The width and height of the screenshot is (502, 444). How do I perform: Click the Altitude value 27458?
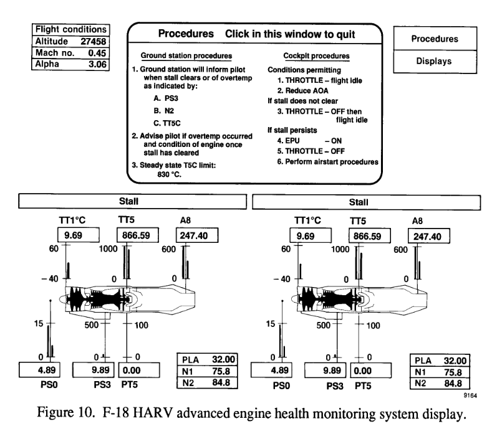click(x=93, y=42)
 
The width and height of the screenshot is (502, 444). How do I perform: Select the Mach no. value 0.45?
click(x=97, y=53)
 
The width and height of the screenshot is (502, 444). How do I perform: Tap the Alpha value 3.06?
click(x=97, y=64)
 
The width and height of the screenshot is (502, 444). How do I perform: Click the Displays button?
click(x=435, y=62)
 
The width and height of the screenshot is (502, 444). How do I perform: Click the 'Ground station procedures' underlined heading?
click(x=186, y=55)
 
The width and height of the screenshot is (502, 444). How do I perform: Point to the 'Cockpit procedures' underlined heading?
click(x=316, y=56)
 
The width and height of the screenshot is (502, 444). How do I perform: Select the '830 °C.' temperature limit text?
click(x=170, y=174)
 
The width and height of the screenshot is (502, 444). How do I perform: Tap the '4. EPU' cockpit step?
click(x=289, y=141)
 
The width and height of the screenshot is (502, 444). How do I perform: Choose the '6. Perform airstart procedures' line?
click(x=327, y=162)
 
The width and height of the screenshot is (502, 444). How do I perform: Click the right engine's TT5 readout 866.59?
click(x=367, y=236)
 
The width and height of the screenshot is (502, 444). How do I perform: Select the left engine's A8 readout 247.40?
click(x=194, y=235)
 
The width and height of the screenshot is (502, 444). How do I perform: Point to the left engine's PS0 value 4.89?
click(x=47, y=370)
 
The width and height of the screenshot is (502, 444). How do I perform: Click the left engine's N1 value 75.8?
click(x=221, y=371)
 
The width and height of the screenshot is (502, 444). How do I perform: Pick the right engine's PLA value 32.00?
click(x=455, y=361)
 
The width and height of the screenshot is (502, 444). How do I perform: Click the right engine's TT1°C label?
click(x=307, y=220)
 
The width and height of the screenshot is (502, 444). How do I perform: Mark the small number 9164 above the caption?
click(x=470, y=395)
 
